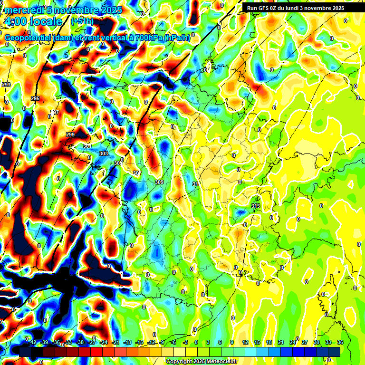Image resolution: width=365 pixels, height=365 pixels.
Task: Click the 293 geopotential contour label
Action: [6, 85]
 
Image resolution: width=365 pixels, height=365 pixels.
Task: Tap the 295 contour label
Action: [35, 98]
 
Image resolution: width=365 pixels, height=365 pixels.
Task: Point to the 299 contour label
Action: [70, 135]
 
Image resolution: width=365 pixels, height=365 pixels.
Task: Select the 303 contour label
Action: [103, 154]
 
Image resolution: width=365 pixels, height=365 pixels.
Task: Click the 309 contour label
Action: [159, 182]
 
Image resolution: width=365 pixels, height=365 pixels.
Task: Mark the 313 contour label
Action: [256, 206]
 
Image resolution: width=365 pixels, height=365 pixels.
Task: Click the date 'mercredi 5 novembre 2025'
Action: [63, 10]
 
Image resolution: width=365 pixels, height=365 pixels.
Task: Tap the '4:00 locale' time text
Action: [32, 22]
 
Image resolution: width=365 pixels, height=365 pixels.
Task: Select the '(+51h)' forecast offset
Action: [82, 21]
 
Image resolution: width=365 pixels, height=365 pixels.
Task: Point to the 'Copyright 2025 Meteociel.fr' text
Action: [202, 362]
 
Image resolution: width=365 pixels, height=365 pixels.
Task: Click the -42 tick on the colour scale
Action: [32, 342]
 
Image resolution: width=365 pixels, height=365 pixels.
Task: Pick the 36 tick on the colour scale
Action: [340, 342]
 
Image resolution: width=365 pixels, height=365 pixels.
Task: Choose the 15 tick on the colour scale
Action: [257, 342]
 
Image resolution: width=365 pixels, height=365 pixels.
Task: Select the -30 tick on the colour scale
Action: [80, 342]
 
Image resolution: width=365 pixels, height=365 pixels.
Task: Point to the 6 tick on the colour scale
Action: [220, 342]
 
